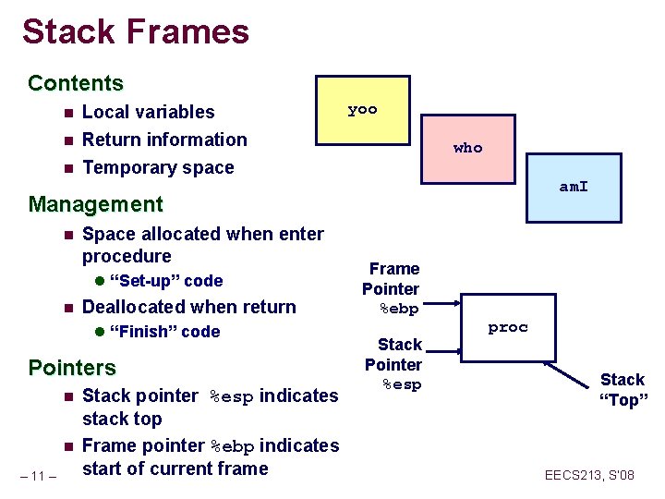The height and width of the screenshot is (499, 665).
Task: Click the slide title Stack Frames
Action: pyautogui.click(x=136, y=31)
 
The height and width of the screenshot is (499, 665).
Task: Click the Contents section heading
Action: pyautogui.click(x=76, y=83)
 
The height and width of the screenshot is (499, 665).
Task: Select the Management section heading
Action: pyautogui.click(x=95, y=203)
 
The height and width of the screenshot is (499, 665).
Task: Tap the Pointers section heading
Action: pyautogui.click(x=72, y=368)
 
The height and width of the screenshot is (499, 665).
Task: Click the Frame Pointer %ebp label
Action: pyautogui.click(x=392, y=288)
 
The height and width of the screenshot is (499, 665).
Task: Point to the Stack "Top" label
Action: pyautogui.click(x=623, y=389)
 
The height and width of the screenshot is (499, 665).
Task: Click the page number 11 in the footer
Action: pyautogui.click(x=39, y=476)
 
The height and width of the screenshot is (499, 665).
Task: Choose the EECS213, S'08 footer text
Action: pyautogui.click(x=589, y=476)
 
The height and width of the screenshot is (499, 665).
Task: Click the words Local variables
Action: pyautogui.click(x=148, y=112)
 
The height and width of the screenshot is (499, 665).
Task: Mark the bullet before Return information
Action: pyautogui.click(x=67, y=140)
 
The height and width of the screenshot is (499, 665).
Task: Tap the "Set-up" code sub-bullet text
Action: pyautogui.click(x=165, y=281)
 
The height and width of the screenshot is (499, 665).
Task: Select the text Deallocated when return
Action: pyautogui.click(x=189, y=307)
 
